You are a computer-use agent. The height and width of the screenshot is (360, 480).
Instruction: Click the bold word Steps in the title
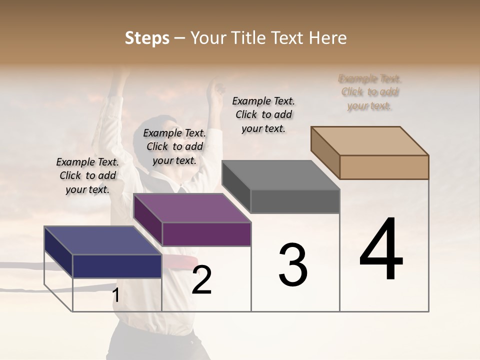point(147,38)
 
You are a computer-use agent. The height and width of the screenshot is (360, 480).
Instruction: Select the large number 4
point(381,250)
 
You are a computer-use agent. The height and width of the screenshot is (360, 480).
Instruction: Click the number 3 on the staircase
point(292,265)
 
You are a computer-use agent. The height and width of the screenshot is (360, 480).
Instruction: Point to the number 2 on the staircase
point(201,280)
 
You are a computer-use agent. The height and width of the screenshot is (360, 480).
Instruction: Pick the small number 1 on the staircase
point(115,295)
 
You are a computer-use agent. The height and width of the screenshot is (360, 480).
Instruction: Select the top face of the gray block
point(280,175)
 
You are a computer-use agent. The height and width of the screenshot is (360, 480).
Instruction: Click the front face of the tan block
point(384,167)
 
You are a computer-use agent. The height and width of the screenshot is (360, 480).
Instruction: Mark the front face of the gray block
point(295,201)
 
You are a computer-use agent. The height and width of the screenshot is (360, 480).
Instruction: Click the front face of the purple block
point(206,234)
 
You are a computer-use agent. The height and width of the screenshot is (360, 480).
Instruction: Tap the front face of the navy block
point(117,266)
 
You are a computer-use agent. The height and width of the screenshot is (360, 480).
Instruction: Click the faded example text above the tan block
point(370,92)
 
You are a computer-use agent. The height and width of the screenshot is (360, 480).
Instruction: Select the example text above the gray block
point(263,114)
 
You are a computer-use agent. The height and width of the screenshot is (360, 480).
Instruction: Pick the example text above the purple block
point(174,146)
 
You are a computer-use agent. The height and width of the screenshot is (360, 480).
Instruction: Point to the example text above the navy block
point(87,175)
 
